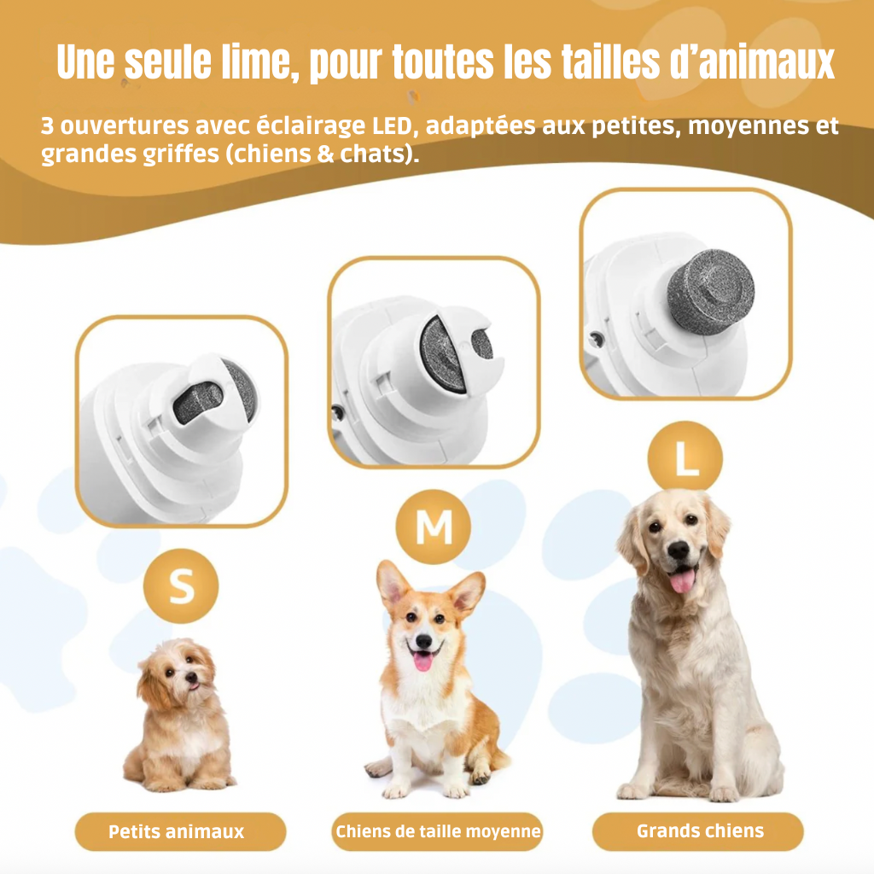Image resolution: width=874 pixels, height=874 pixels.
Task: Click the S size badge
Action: tap(181, 586)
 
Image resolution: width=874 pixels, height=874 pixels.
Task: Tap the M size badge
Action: tap(433, 527)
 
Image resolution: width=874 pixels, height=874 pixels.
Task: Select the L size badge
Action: tap(685, 458)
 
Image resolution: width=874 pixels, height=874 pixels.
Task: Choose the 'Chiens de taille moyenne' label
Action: tap(437, 831)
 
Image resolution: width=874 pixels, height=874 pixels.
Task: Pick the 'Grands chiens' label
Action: tap(698, 831)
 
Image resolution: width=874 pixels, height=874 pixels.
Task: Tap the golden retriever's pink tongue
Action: tap(682, 580)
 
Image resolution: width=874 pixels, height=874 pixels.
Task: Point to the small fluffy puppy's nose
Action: tap(192, 677)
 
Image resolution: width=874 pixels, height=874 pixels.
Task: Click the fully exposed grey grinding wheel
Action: tap(711, 292)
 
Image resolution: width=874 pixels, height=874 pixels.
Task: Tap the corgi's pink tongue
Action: tap(423, 661)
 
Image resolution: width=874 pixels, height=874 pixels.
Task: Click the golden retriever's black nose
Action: tap(679, 551)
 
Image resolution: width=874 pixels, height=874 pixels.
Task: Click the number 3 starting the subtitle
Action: tap(48, 126)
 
